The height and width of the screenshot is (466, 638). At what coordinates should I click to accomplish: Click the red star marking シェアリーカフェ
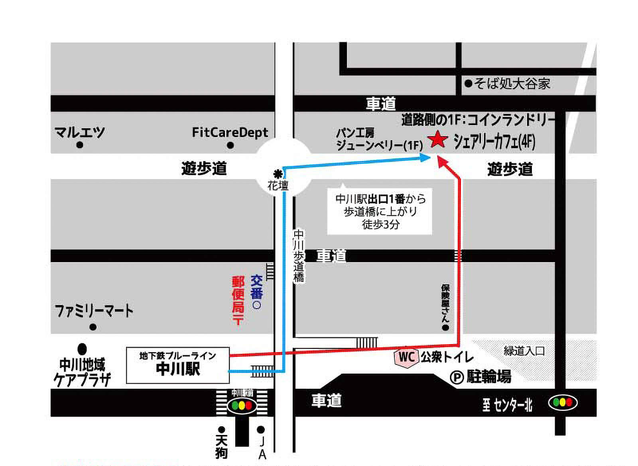(x=437, y=139)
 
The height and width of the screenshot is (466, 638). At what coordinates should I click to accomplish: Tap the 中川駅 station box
(x=177, y=365)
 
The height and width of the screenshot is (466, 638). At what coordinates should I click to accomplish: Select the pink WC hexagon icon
(x=406, y=357)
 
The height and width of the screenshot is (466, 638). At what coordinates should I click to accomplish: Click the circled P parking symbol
(x=456, y=377)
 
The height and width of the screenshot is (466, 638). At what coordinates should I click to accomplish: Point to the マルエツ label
(x=79, y=132)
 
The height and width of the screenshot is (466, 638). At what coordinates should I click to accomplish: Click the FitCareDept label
(x=230, y=132)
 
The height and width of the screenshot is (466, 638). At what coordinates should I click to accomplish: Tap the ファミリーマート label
(x=94, y=311)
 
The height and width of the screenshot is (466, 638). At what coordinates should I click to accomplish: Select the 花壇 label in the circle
(x=278, y=185)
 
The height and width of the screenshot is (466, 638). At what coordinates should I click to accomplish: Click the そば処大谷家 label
(x=512, y=84)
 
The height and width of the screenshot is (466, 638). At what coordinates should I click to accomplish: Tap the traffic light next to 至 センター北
(x=563, y=403)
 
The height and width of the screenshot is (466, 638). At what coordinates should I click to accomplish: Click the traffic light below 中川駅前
(x=242, y=406)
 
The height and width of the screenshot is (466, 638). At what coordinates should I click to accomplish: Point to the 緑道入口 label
(x=524, y=351)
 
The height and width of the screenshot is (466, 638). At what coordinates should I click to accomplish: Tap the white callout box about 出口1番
(x=380, y=211)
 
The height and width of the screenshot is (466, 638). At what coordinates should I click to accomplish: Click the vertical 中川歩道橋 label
(x=299, y=256)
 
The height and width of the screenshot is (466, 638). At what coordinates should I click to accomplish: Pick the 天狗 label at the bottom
(x=221, y=446)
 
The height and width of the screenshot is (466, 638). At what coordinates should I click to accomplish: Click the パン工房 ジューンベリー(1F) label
(x=379, y=139)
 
